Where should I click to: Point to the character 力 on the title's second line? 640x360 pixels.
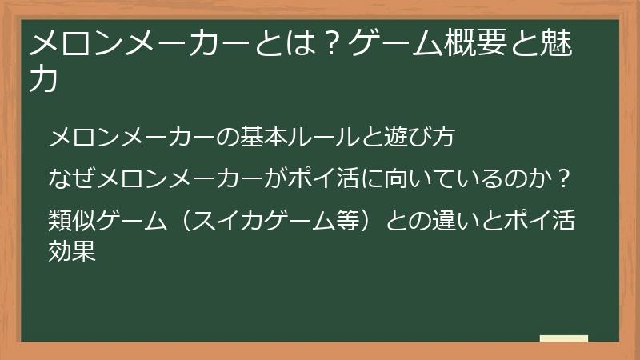tap(44, 82)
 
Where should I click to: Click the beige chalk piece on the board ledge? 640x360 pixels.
tap(563, 338)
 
